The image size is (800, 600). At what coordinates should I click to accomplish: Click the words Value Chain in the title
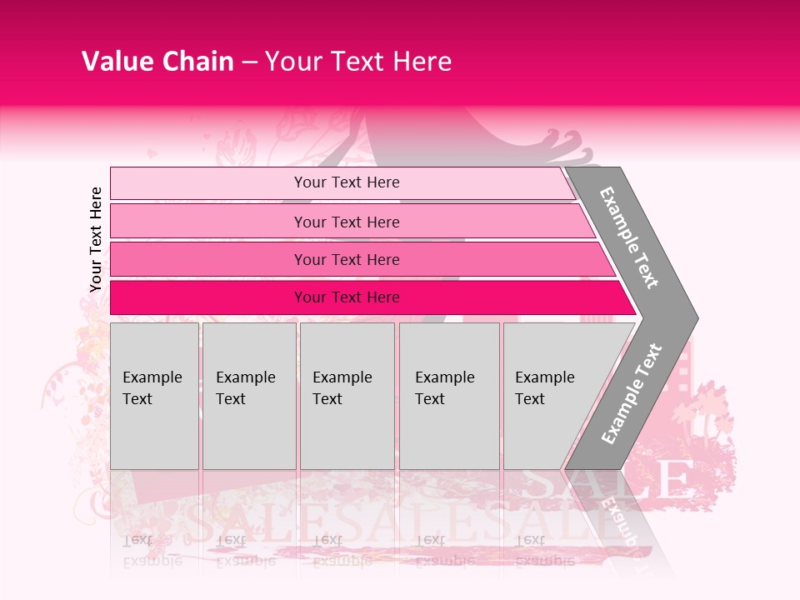click(157, 62)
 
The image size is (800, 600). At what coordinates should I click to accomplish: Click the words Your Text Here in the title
click(358, 62)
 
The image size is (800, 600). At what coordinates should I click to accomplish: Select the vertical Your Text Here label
click(96, 239)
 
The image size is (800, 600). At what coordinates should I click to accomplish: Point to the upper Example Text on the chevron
click(629, 237)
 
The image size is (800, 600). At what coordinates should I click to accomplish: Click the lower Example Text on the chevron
click(631, 393)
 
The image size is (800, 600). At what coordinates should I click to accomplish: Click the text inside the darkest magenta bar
click(347, 297)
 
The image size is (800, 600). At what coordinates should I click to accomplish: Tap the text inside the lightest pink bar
click(347, 182)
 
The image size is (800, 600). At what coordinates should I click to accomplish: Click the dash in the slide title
click(249, 62)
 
